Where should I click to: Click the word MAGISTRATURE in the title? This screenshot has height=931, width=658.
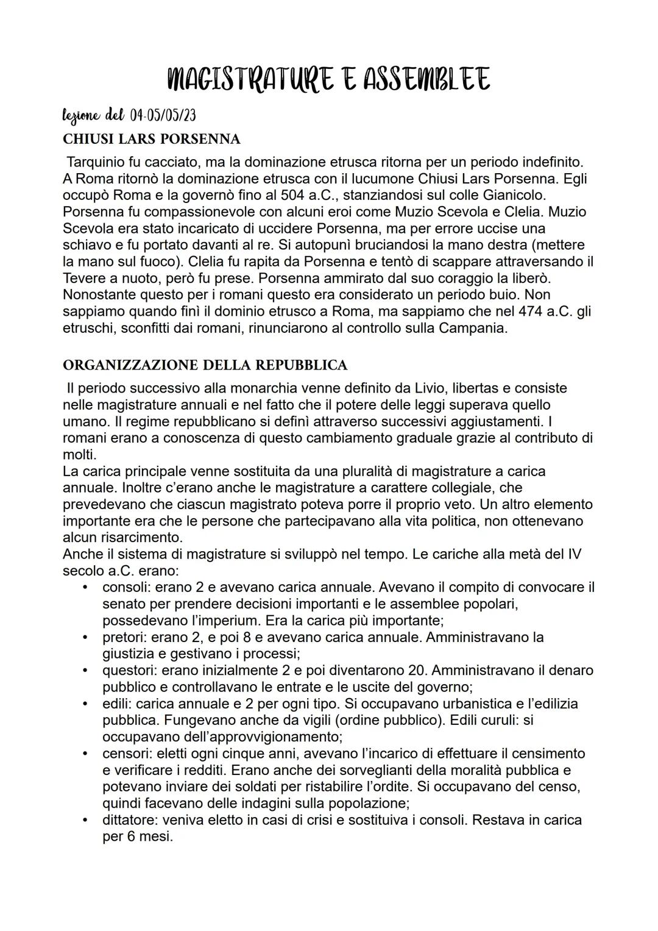click(x=249, y=80)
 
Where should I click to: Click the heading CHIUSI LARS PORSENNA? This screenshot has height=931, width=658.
click(x=152, y=139)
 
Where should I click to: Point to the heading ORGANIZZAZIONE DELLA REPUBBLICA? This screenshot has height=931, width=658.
click(x=205, y=365)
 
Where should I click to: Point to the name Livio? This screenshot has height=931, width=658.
click(x=429, y=388)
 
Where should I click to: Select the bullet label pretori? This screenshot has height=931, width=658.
click(x=124, y=637)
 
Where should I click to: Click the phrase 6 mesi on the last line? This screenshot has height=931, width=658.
click(x=146, y=836)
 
